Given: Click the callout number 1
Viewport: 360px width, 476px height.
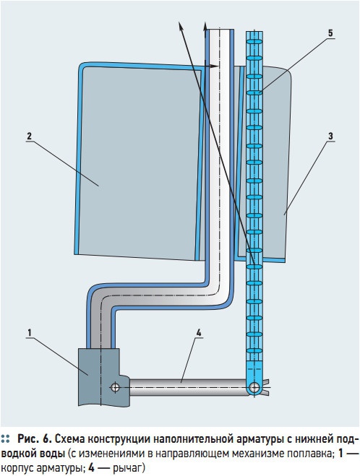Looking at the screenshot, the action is [30, 333].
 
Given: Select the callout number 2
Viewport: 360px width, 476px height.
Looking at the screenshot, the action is [29, 136].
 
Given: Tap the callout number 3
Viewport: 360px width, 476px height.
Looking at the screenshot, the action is [330, 137].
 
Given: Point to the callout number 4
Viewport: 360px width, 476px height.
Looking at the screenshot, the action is [199, 333].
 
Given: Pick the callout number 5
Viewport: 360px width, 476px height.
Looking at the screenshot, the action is [330, 33].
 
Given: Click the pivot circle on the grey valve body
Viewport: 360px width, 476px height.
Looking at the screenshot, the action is [115, 387].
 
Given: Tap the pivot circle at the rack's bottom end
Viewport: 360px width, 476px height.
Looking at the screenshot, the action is [254, 387].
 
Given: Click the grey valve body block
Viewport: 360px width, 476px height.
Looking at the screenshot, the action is [103, 376].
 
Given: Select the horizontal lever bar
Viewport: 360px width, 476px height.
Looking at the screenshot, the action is [189, 387].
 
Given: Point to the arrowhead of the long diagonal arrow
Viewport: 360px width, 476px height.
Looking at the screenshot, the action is [181, 27].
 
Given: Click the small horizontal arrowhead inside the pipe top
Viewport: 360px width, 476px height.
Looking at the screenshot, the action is [215, 66].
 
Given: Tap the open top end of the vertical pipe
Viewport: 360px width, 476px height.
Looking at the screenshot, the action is [219, 30].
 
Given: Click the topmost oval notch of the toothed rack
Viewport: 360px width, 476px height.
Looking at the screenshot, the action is [254, 41].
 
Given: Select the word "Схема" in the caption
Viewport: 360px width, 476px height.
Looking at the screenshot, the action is [69, 439].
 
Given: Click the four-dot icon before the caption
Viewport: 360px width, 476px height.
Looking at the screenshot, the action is [5, 438].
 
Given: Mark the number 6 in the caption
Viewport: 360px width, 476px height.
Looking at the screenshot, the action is [46, 439].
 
